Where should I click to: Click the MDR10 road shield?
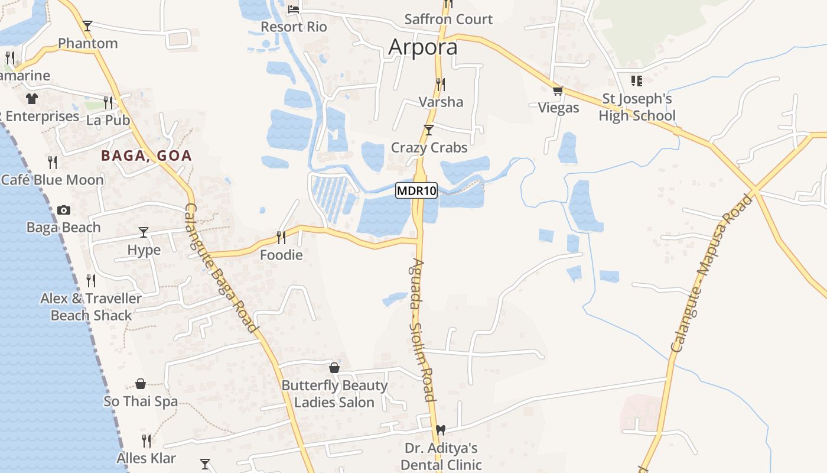point(416,190)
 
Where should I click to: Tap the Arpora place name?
point(423,47)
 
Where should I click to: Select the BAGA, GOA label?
point(146,155)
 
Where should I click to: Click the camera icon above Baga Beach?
point(64,210)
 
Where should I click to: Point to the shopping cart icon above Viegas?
point(558,91)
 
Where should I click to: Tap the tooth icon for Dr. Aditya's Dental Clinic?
point(440,430)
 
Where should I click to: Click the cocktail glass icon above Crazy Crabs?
point(429,130)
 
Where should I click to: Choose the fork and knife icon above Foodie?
point(281,237)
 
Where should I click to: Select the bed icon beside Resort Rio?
point(294,9)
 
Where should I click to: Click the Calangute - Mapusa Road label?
point(713,272)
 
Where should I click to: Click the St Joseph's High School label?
point(637,107)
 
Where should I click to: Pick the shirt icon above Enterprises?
point(31,98)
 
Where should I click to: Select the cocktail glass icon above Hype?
point(144,232)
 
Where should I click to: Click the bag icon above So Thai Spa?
point(141,384)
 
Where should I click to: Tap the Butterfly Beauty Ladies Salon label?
point(334,394)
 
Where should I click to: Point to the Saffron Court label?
point(448,19)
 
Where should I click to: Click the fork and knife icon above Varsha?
point(440,84)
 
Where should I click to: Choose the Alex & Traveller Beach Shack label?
point(91,307)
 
